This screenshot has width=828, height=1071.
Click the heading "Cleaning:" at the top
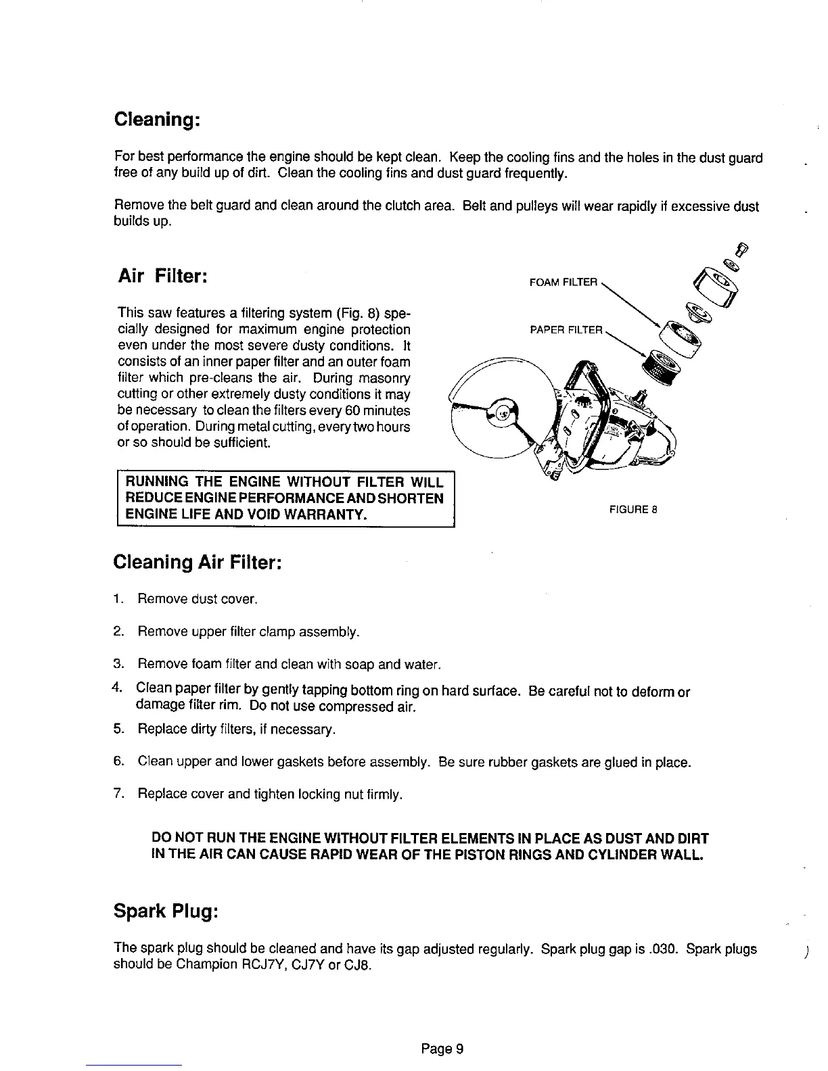(155, 120)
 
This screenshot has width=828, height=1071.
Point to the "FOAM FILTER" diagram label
(563, 283)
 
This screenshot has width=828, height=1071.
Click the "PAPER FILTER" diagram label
(566, 330)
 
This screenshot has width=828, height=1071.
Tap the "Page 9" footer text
(442, 1049)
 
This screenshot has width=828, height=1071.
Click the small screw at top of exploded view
(741, 249)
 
